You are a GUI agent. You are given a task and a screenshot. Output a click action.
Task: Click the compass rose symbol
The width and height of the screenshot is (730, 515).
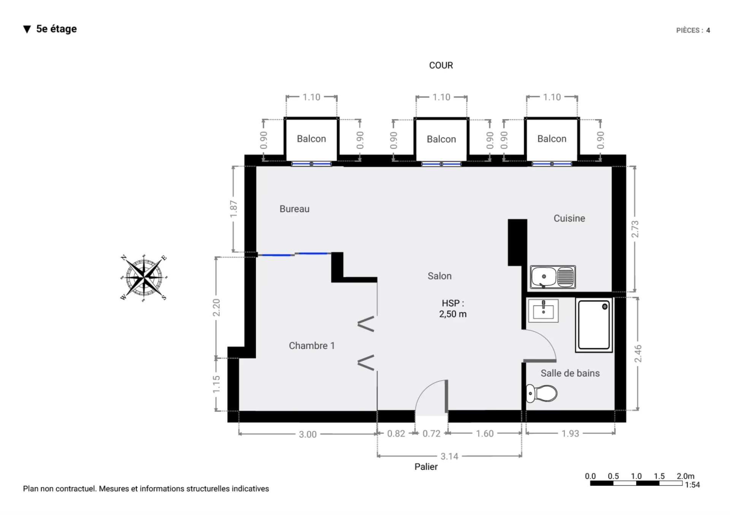tap(144, 277)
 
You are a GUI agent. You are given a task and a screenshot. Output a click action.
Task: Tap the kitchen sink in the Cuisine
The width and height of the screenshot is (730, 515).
tap(553, 277)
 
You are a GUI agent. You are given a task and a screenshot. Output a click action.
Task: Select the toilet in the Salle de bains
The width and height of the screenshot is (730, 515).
tap(541, 393)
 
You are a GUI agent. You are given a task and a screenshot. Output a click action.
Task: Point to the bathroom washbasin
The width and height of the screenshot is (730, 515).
tap(543, 310)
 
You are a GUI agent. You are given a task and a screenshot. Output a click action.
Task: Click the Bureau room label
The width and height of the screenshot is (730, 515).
tap(294, 209)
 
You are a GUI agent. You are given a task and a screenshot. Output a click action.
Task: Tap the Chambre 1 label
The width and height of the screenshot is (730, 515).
tap(312, 346)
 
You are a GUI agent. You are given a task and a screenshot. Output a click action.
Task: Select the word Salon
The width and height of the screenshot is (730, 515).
tap(440, 276)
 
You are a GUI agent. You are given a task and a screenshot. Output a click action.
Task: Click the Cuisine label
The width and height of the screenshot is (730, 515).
tap(569, 218)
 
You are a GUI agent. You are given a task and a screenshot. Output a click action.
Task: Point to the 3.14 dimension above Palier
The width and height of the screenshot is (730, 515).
tap(449, 456)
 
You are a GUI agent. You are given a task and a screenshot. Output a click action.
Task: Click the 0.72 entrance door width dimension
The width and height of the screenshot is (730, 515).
tap(432, 434)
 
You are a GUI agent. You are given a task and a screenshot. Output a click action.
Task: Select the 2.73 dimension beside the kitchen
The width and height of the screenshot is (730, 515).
tap(635, 229)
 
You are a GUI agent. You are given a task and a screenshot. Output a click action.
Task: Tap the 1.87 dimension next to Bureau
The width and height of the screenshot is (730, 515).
tap(233, 209)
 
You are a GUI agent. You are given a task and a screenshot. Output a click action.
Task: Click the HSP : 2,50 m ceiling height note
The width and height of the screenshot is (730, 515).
tap(453, 308)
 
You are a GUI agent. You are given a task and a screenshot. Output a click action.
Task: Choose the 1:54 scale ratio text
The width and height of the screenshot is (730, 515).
tap(692, 485)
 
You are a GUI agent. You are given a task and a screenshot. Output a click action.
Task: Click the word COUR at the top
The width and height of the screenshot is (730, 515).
tap(441, 65)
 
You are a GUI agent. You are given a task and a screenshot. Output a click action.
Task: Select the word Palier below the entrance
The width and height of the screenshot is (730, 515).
tap(426, 467)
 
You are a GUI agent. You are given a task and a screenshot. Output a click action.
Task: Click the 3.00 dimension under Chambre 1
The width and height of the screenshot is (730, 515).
tap(308, 434)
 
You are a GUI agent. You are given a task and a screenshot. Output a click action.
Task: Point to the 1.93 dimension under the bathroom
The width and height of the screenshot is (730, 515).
tap(570, 434)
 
